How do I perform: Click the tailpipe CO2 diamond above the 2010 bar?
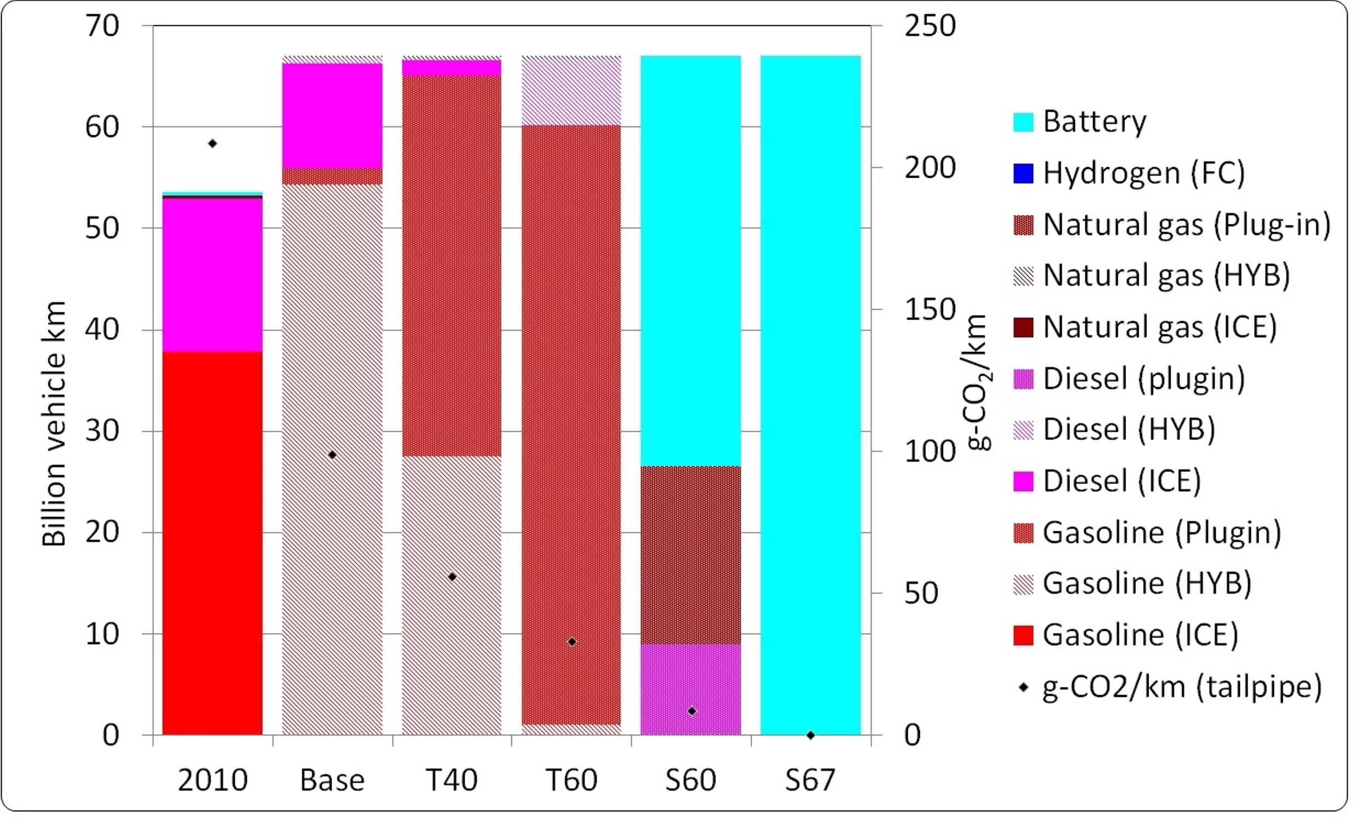(x=212, y=144)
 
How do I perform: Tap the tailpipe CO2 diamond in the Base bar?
(x=332, y=455)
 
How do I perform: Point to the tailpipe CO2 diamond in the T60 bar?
(x=572, y=642)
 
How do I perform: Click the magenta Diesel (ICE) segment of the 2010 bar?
(x=212, y=275)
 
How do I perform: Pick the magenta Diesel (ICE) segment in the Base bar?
(x=332, y=116)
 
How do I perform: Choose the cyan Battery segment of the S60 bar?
(x=691, y=261)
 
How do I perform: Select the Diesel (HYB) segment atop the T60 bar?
(x=571, y=91)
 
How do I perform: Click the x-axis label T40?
(x=451, y=780)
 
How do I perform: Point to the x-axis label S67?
(x=810, y=780)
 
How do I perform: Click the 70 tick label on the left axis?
(x=102, y=25)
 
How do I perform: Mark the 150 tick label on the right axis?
(x=930, y=309)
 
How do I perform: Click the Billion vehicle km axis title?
(x=54, y=424)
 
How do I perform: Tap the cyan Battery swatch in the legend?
(x=1023, y=122)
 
